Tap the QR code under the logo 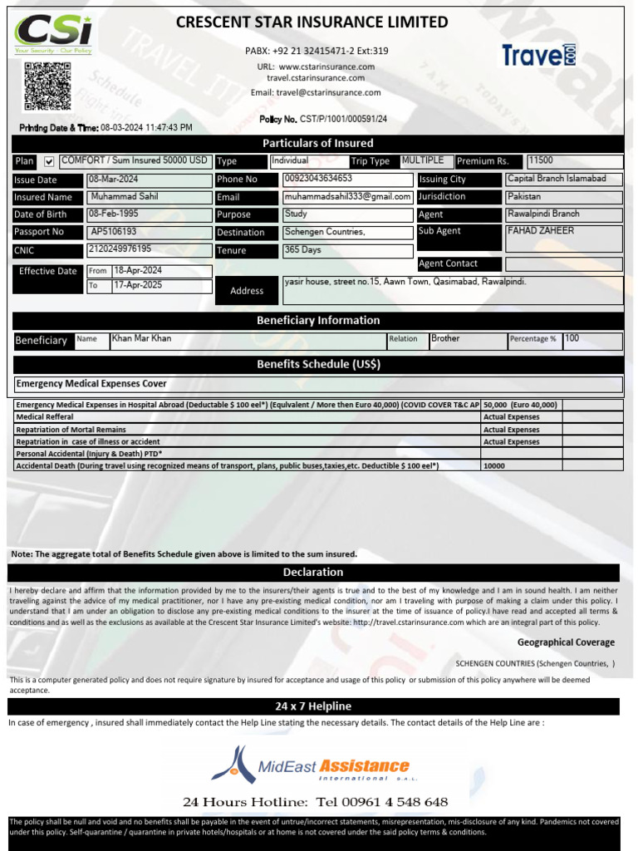tap(47, 86)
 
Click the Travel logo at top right tap(538, 55)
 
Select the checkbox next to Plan tap(48, 161)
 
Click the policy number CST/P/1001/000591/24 tap(343, 120)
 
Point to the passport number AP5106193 tap(114, 232)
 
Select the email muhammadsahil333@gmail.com tap(348, 197)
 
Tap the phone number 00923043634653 tap(318, 179)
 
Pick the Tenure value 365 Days tap(304, 249)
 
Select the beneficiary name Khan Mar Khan tap(141, 339)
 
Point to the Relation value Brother tap(445, 339)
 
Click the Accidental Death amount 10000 tap(494, 466)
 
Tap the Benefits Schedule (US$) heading tap(318, 364)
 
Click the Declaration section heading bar tap(313, 572)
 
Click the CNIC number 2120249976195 tap(120, 248)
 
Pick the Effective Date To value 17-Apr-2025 tap(138, 285)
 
